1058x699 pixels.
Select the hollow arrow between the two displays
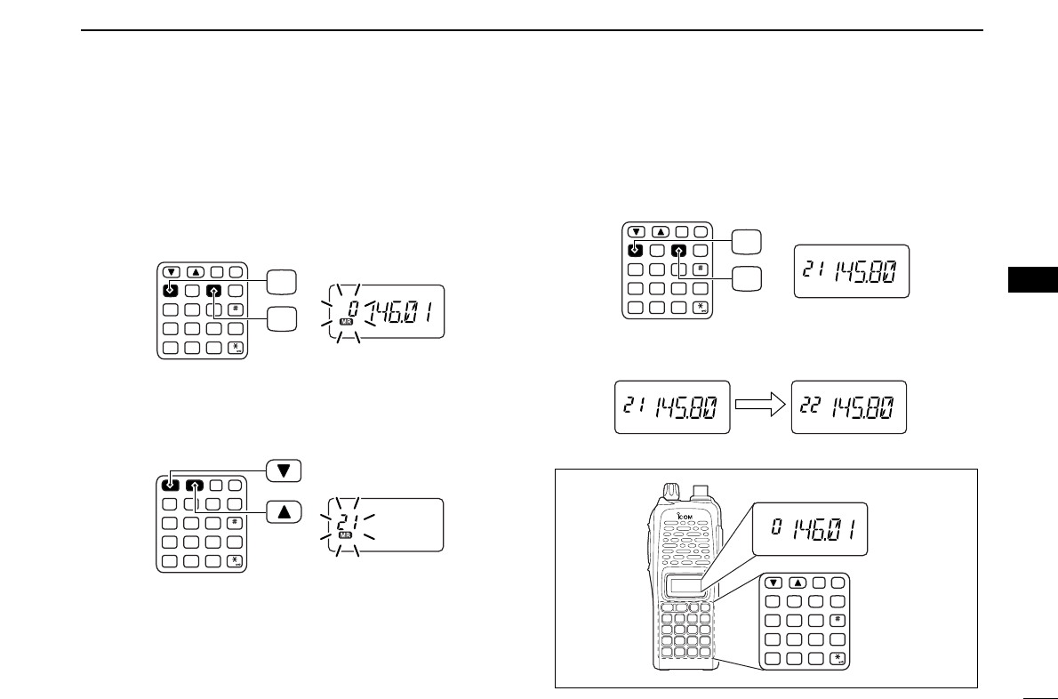759,407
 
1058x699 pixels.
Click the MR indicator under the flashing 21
347,535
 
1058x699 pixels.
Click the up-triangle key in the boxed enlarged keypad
798,583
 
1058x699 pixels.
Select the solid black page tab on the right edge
1033,278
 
